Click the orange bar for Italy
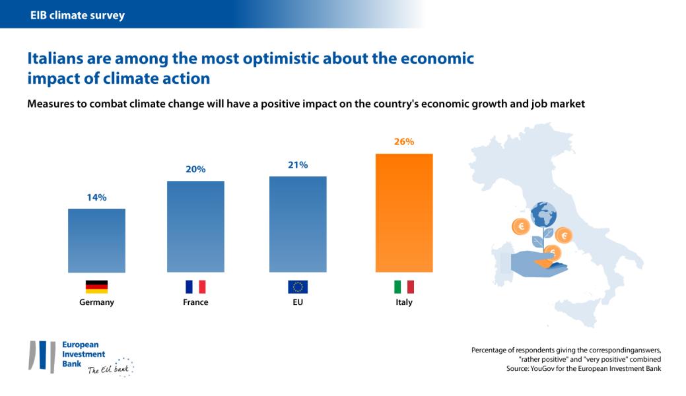(x=404, y=213)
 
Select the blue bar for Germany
(x=96, y=240)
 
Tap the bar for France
(x=195, y=226)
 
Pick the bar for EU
(x=298, y=224)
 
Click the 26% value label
(x=404, y=142)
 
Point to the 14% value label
(x=96, y=197)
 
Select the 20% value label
(x=195, y=170)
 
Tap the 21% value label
(x=298, y=165)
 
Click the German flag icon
(x=96, y=286)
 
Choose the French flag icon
(x=195, y=286)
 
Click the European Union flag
(x=298, y=286)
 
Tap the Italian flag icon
(x=404, y=286)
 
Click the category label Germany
(x=96, y=302)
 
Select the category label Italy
(x=404, y=302)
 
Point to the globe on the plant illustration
(x=543, y=214)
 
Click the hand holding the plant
(x=538, y=264)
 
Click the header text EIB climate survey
(x=77, y=15)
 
